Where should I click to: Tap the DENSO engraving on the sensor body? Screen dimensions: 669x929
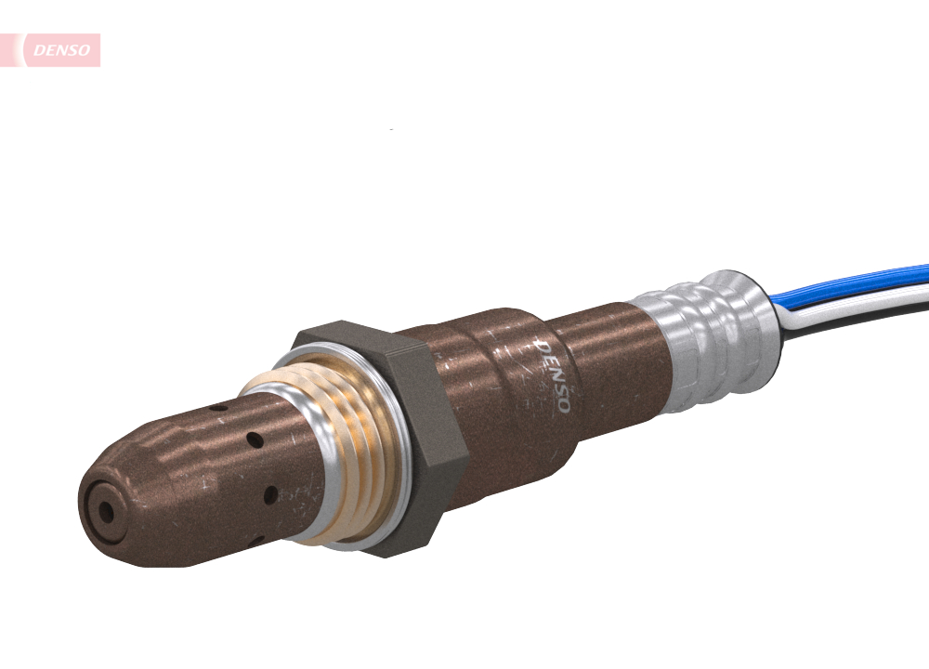tap(554, 375)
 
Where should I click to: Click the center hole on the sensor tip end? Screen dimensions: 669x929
tap(105, 511)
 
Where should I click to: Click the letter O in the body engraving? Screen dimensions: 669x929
tap(562, 406)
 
